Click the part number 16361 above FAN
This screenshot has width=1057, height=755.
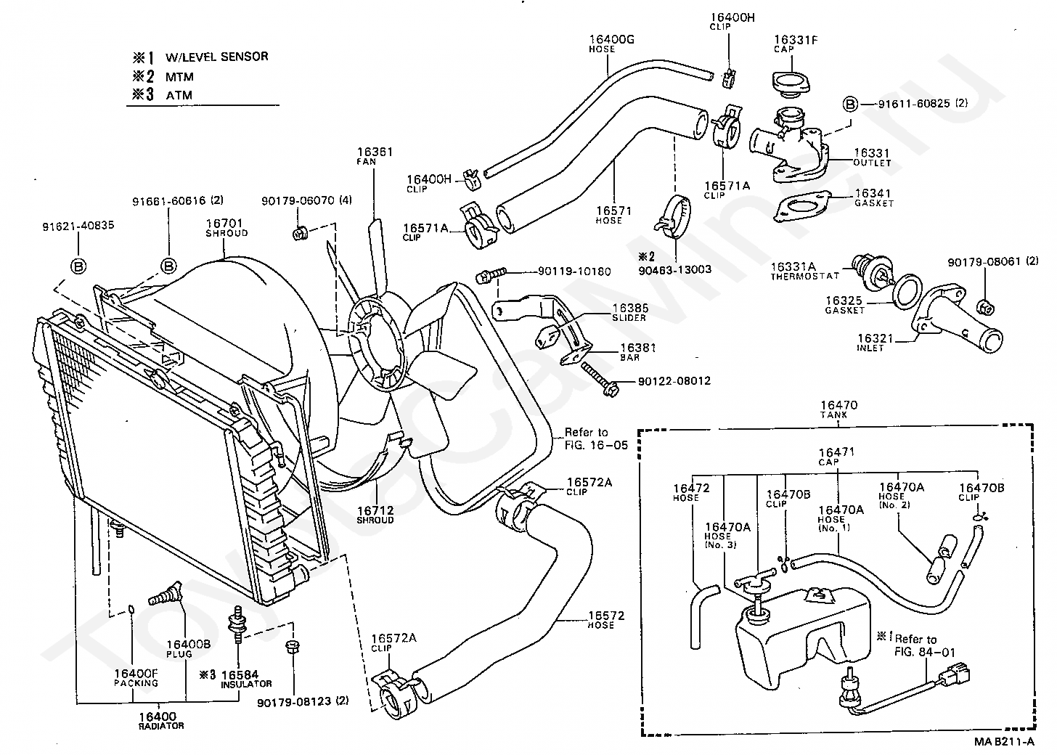(375, 152)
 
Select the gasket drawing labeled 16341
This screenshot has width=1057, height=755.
(801, 205)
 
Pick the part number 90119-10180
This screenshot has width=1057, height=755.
(574, 272)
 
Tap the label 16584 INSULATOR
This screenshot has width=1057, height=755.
(246, 679)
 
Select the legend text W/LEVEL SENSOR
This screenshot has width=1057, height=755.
(216, 57)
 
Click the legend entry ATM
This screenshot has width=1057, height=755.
(179, 95)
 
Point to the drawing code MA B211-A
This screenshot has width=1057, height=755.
(1004, 741)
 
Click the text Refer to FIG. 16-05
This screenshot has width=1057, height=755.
(597, 438)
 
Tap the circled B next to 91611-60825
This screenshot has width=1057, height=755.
(850, 104)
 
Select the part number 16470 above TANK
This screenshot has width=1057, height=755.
(838, 405)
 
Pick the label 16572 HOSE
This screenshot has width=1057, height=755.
(606, 619)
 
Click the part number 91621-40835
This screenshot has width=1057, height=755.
(78, 226)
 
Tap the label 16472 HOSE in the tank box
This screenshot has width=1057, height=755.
(691, 492)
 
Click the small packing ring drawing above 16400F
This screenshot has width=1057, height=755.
(131, 610)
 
